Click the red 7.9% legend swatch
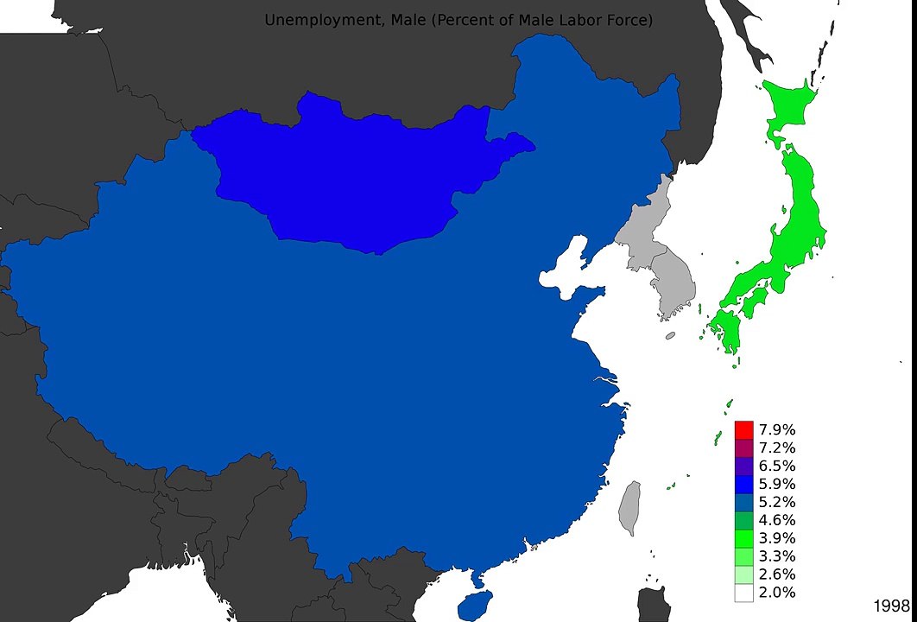(744, 429)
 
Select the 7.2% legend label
(777, 447)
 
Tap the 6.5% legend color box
(744, 466)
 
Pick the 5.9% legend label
(777, 484)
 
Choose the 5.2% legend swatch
(744, 502)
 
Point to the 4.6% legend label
(777, 520)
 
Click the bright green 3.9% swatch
(744, 538)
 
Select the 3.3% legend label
(777, 556)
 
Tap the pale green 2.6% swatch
(744, 574)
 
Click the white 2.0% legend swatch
(744, 593)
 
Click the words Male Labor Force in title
(579, 19)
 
